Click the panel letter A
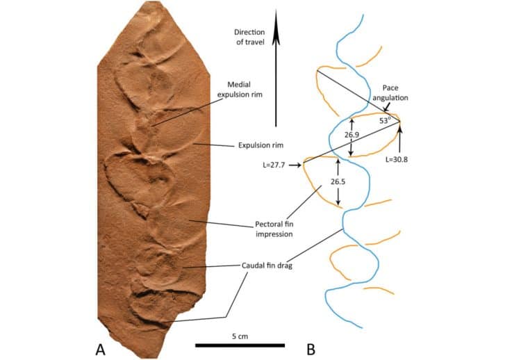coord(100,350)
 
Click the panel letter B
coord(311,350)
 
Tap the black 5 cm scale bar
coord(240,345)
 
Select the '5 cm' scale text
coord(240,336)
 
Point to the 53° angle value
coord(384,121)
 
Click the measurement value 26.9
coord(352,135)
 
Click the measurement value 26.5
coord(338,181)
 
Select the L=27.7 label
coord(274,165)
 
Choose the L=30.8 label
coord(397,159)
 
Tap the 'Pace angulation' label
coord(390,92)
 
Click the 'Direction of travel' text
coord(249,37)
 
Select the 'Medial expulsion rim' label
coord(240,90)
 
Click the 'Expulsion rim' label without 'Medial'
coord(260,145)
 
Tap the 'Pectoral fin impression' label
coord(274,229)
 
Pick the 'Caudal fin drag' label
coord(267,265)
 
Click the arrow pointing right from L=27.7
coord(295,165)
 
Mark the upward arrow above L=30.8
coord(399,140)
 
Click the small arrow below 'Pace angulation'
coord(386,107)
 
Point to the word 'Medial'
coord(239,85)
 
